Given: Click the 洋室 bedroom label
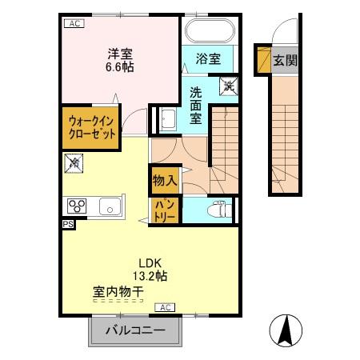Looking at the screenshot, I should click(120, 54).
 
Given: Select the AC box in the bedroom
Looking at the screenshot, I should click(74, 23).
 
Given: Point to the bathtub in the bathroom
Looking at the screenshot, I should click(210, 33).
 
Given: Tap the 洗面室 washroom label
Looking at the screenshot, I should click(196, 104).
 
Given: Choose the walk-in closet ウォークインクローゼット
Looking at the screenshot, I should click(92, 126).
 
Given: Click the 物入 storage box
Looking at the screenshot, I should click(166, 180).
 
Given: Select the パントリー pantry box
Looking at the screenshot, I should click(166, 210).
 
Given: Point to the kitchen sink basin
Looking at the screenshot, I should click(109, 207).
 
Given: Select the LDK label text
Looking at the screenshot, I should click(150, 262).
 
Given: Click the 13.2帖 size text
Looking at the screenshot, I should click(150, 277).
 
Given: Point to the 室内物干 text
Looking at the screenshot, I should click(118, 294).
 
